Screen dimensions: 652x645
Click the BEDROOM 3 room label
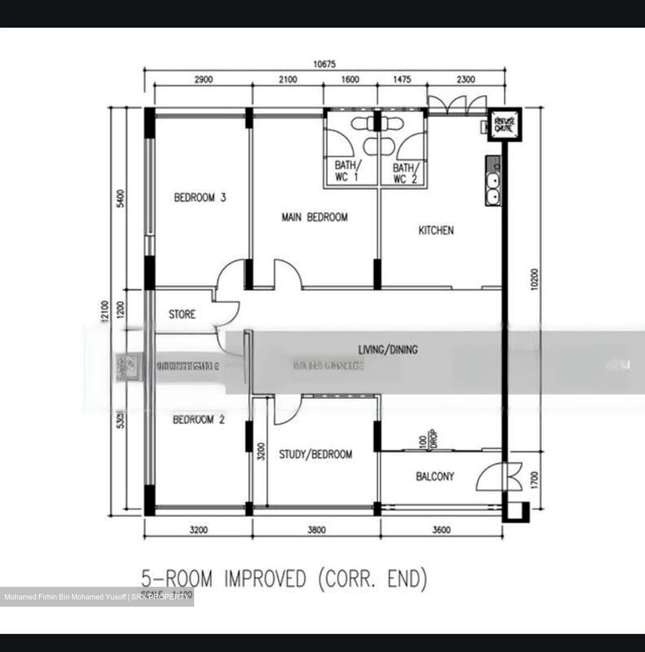(x=200, y=198)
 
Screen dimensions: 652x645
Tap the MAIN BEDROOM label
(x=315, y=217)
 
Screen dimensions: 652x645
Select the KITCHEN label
(x=435, y=230)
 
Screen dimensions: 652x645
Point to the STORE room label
(x=182, y=314)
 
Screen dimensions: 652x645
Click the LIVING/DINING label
(x=388, y=350)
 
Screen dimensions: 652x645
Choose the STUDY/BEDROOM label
(x=315, y=455)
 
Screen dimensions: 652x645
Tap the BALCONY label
(x=435, y=476)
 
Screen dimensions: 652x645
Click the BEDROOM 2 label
(x=199, y=420)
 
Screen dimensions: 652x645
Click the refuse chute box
(x=504, y=125)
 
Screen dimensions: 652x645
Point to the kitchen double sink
(x=492, y=188)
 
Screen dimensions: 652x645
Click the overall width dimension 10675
(x=325, y=64)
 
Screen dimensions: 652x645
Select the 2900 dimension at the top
(x=203, y=80)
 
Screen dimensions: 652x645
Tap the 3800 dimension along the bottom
(x=316, y=529)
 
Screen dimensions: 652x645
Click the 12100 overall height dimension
(x=105, y=312)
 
